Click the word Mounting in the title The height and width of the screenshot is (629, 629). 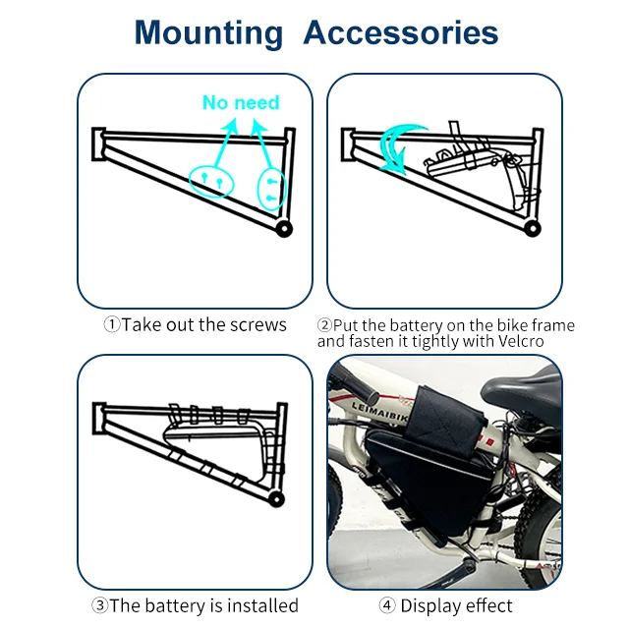tap(207, 32)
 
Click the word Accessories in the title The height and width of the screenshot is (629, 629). tap(400, 32)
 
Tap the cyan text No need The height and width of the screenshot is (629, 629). tap(241, 102)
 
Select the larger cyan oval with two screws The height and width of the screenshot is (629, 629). tap(209, 180)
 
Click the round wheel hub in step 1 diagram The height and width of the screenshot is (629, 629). tap(284, 228)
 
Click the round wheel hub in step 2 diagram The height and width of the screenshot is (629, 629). tap(532, 228)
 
